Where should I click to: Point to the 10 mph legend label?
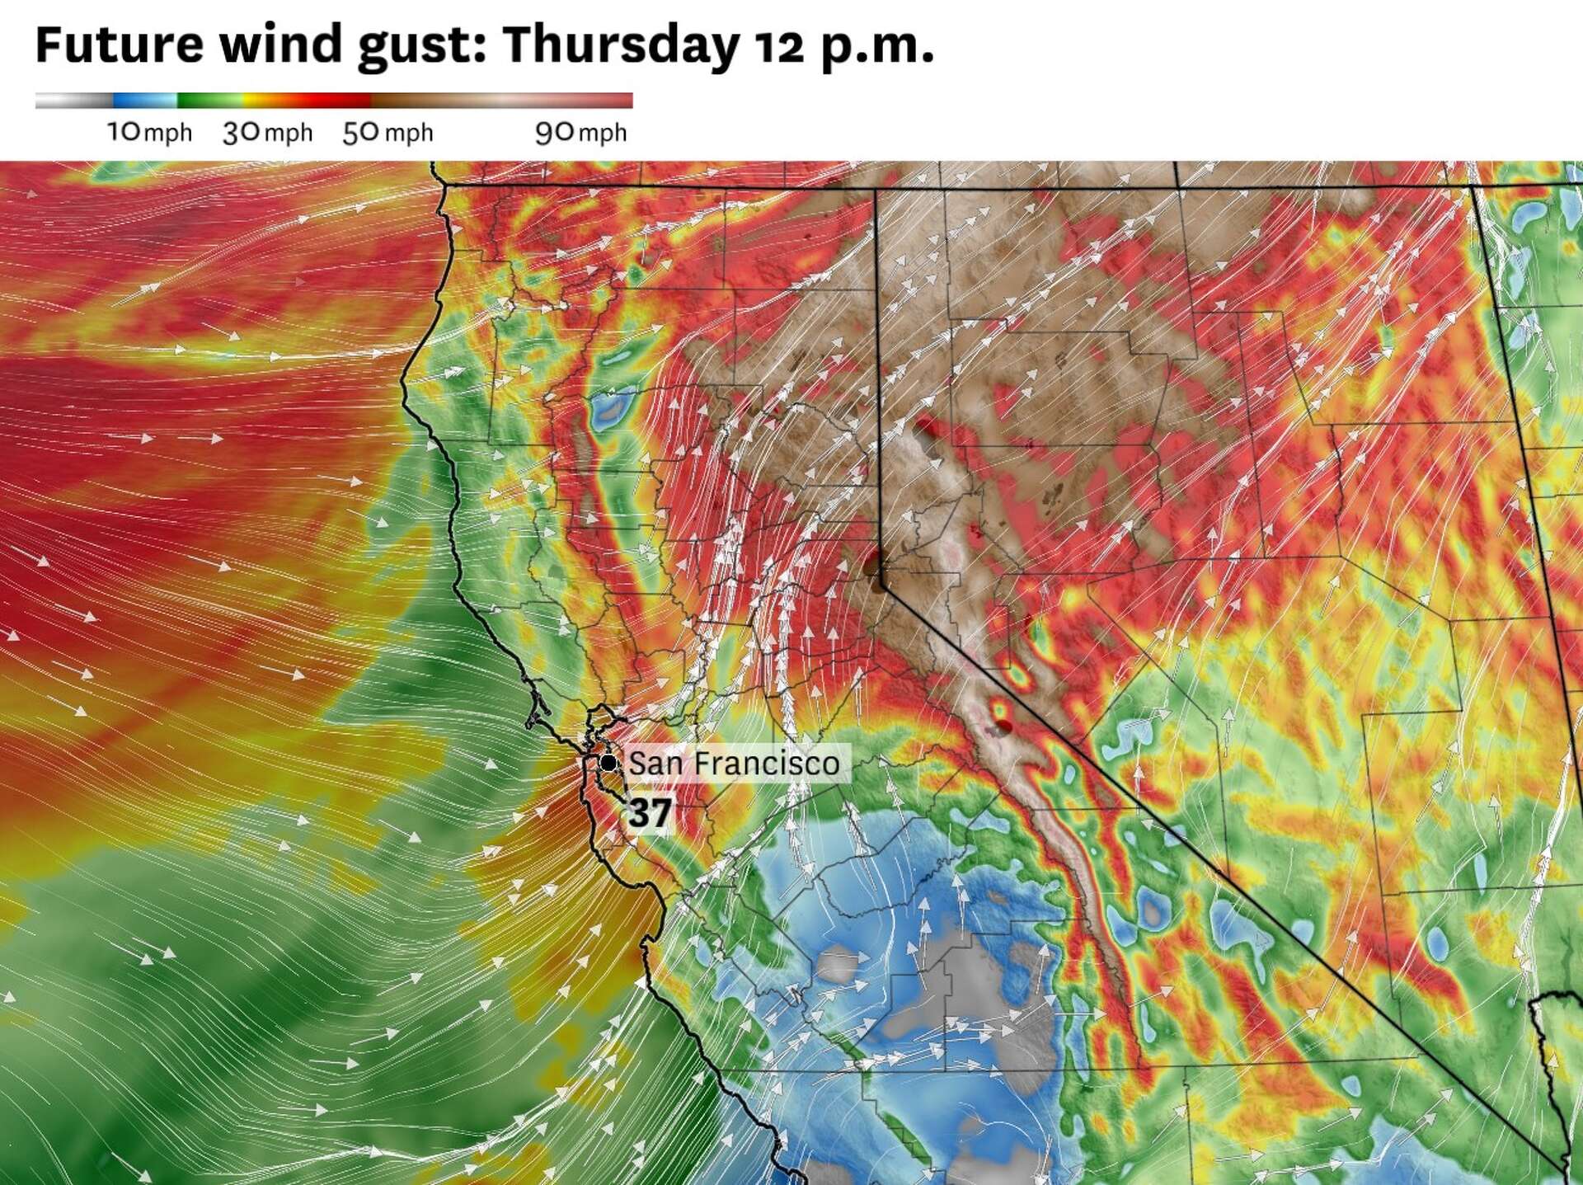[149, 132]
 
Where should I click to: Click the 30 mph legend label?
[267, 132]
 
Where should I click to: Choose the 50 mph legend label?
[388, 132]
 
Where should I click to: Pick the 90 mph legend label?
[580, 132]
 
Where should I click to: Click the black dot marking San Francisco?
[608, 763]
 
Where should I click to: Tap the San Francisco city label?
[734, 763]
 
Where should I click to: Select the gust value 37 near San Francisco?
[650, 813]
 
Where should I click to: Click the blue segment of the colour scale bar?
[144, 101]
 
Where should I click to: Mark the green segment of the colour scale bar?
[206, 101]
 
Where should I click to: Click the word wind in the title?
[279, 45]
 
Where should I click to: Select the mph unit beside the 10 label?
[168, 133]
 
